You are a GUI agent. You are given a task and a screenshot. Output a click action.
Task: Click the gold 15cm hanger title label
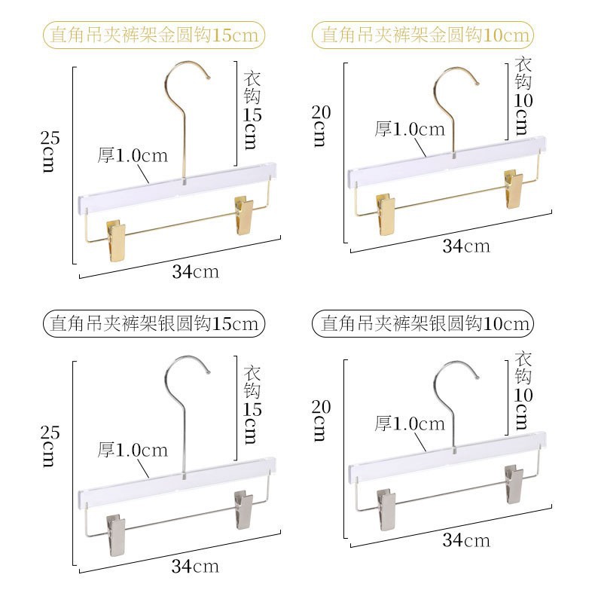coord(154,35)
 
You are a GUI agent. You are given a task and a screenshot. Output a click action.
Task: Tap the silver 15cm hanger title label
coord(154,324)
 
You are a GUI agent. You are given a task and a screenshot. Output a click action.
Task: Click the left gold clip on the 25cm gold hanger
coord(117,240)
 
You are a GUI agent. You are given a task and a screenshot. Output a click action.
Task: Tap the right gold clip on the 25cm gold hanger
coord(245,215)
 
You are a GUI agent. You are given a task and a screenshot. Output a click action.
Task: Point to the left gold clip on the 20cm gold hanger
coord(386,214)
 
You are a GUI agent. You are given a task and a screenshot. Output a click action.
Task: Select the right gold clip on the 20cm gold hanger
coord(514,189)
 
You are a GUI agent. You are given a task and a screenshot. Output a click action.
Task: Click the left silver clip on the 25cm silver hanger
coord(117,534)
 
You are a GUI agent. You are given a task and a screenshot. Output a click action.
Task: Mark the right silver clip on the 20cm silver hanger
coord(514,484)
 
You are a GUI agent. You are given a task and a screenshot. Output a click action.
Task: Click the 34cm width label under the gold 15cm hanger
coord(195,272)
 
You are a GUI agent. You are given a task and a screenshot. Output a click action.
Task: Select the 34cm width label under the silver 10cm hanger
coord(465,540)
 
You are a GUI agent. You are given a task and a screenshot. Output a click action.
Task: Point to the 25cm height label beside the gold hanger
coord(48,151)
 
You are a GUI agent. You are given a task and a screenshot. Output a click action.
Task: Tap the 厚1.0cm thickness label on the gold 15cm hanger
coord(133,156)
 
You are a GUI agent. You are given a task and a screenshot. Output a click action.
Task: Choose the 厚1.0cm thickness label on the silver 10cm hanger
coord(410,424)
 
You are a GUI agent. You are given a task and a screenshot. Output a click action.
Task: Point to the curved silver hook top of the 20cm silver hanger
coord(455,369)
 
